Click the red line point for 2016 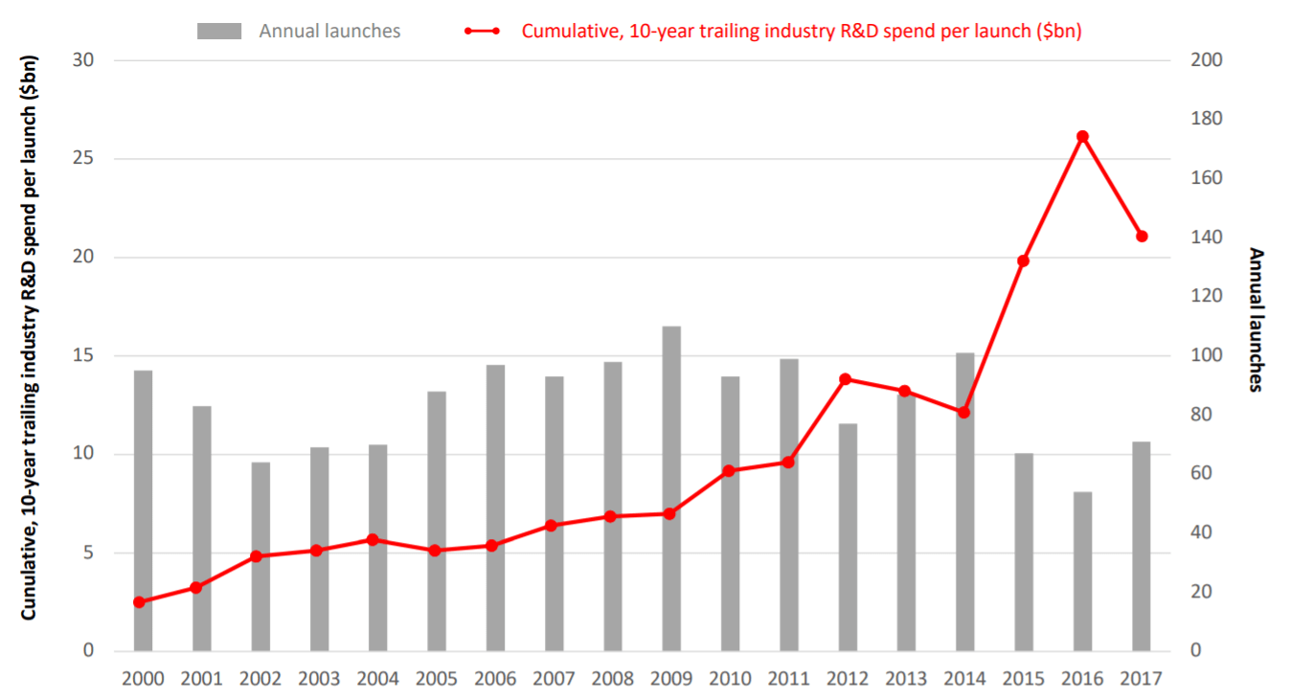pyautogui.click(x=1082, y=137)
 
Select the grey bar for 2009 pyautogui.click(x=671, y=488)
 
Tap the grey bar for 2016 pyautogui.click(x=1082, y=571)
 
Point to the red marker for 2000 pyautogui.click(x=139, y=602)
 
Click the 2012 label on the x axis pyautogui.click(x=847, y=679)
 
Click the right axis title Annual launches pyautogui.click(x=1256, y=320)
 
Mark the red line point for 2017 pyautogui.click(x=1142, y=237)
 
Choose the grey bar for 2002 pyautogui.click(x=260, y=556)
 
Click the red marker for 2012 pyautogui.click(x=846, y=379)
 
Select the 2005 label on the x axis pyautogui.click(x=436, y=679)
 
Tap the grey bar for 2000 pyautogui.click(x=143, y=510)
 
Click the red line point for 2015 pyautogui.click(x=1023, y=260)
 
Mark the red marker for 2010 pyautogui.click(x=729, y=471)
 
